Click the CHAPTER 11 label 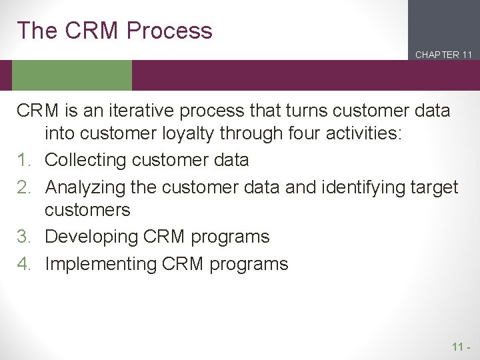tap(443, 55)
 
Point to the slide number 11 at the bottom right tap(458, 347)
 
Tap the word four tap(285, 134)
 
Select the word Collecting tap(85, 161)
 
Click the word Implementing tap(101, 264)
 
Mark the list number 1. tap(24, 161)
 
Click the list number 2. tap(24, 187)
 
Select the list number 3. tap(24, 237)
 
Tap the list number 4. tap(24, 264)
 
